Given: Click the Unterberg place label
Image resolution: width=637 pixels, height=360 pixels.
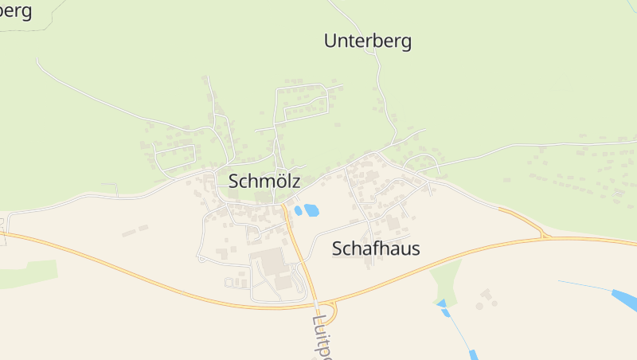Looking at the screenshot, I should click(x=368, y=41).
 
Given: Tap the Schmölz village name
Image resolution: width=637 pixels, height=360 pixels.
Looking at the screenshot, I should click(x=264, y=181).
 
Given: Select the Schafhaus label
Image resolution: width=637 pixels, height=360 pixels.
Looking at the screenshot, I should click(x=375, y=249).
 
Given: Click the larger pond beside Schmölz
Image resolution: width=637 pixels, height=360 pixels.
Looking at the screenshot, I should click(x=311, y=210).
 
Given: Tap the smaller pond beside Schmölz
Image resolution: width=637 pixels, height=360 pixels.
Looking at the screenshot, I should click(x=298, y=211).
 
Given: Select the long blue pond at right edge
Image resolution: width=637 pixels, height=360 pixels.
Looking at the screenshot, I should click(x=625, y=301).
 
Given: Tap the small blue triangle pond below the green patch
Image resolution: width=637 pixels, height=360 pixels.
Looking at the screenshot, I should click(x=441, y=303).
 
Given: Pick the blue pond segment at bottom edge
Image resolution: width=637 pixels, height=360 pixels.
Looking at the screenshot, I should click(x=473, y=354).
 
